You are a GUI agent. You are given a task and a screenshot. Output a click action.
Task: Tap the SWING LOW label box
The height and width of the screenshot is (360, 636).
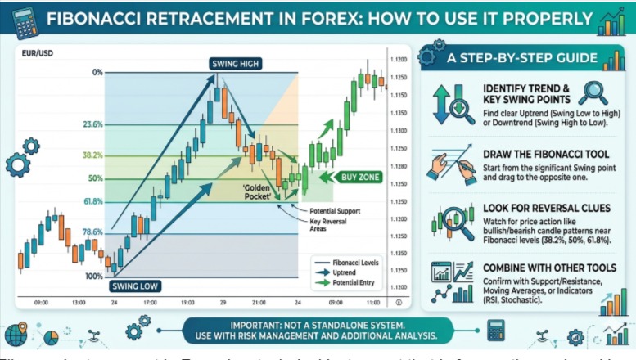[x=136, y=286]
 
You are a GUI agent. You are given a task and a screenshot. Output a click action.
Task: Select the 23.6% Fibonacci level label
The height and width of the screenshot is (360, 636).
[x=92, y=125]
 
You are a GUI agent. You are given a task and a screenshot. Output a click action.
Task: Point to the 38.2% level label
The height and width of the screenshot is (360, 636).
[x=92, y=155]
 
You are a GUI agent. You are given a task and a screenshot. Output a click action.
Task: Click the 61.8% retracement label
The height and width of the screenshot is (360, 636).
[x=92, y=201]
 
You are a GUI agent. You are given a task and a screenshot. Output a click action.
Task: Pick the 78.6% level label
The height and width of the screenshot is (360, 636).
[x=92, y=232]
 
